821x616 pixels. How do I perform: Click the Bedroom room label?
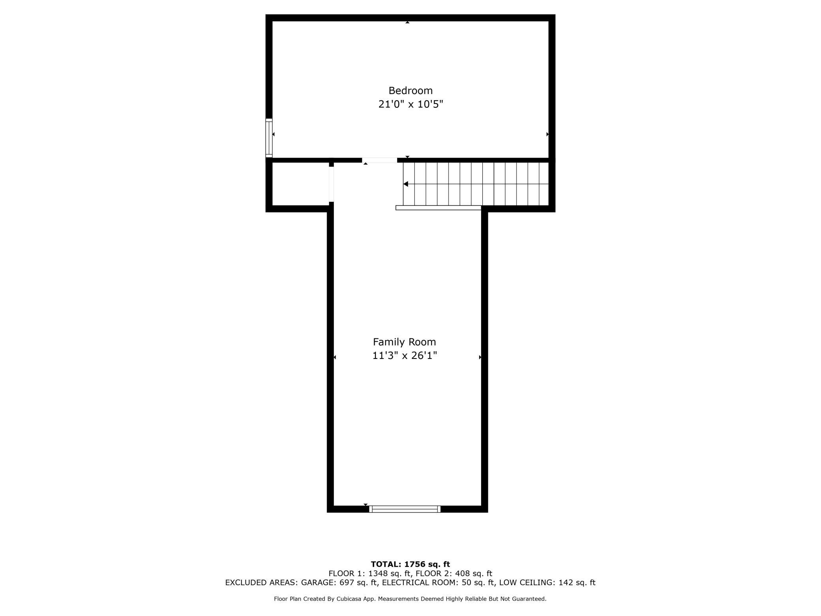click(x=410, y=90)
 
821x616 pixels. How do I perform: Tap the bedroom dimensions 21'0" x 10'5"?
click(x=410, y=104)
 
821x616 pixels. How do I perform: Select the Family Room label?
click(x=404, y=342)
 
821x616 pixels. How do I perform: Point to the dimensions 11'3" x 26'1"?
click(x=404, y=356)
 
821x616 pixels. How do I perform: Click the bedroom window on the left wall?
click(x=269, y=138)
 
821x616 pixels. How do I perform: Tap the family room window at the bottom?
click(x=405, y=509)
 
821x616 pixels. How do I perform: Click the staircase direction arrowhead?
click(x=405, y=184)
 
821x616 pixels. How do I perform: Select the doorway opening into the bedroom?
click(x=379, y=160)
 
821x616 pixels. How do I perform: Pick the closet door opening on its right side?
click(x=331, y=184)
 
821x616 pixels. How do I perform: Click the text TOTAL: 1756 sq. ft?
click(x=410, y=564)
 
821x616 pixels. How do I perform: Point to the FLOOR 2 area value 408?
click(x=463, y=573)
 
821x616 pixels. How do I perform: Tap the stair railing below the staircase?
click(x=438, y=208)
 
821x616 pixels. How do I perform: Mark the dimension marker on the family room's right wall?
click(x=480, y=357)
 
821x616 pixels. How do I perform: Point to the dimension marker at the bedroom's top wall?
click(x=407, y=23)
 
